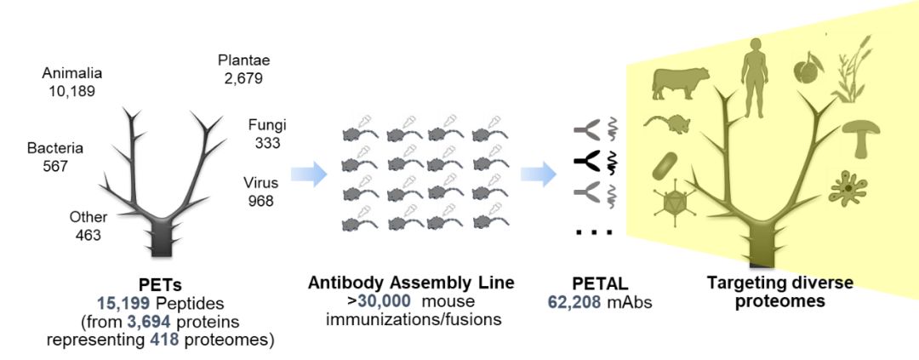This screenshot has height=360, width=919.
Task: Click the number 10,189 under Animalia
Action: (x=72, y=90)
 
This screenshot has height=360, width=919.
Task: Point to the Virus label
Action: (x=260, y=183)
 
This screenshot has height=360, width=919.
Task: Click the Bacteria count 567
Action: (x=55, y=166)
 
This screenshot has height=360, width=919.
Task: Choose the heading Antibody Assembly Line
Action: (x=411, y=283)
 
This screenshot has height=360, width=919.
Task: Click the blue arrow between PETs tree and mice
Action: (x=308, y=175)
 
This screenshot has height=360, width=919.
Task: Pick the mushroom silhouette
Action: (x=861, y=134)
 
